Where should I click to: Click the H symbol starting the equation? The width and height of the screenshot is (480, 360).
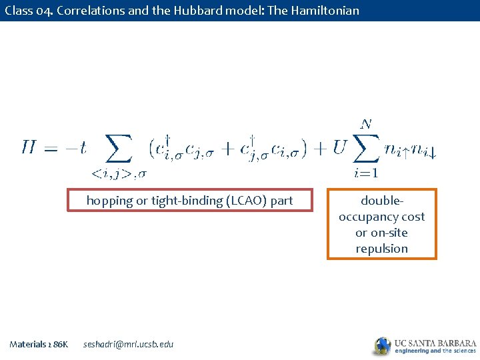point(29,147)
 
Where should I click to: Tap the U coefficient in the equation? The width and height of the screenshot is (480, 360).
point(339,147)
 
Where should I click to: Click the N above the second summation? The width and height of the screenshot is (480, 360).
point(366,123)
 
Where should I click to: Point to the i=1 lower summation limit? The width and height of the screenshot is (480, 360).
point(366,173)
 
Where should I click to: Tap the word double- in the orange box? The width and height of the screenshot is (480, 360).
point(382,201)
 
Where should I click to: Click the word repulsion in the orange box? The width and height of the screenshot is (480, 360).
point(382,249)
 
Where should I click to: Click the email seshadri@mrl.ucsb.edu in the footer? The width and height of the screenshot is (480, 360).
point(128,344)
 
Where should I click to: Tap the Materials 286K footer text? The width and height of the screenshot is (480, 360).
point(39,344)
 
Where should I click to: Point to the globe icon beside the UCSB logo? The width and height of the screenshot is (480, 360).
point(382,345)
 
